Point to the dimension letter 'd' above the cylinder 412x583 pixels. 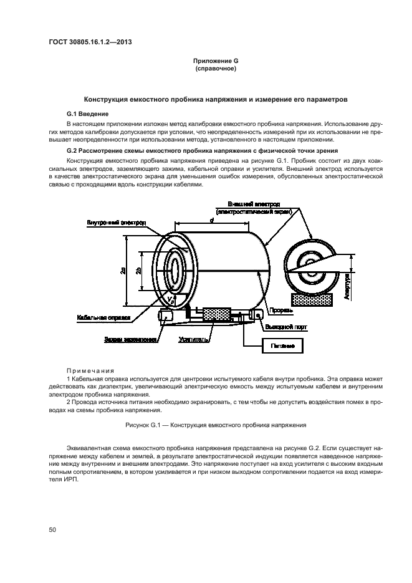[x=212, y=219]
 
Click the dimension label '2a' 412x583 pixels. [x=123, y=269]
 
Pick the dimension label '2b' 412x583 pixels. [x=139, y=269]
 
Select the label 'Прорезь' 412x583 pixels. [x=277, y=309]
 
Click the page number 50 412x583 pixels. [x=52, y=530]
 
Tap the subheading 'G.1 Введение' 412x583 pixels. [x=88, y=114]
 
